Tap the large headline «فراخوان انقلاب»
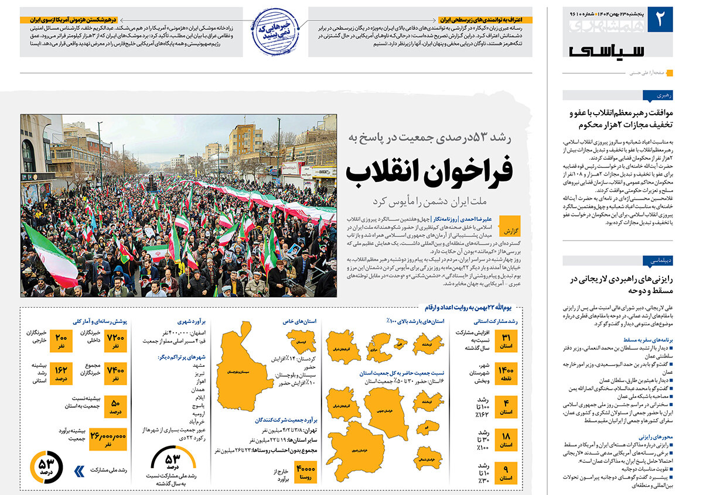(x=429, y=170)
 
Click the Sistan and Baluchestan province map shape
(x=245, y=372)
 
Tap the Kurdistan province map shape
(x=301, y=341)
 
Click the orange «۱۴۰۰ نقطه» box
(x=506, y=374)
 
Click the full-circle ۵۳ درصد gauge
(x=46, y=466)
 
